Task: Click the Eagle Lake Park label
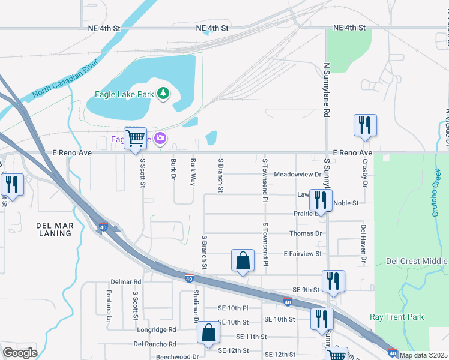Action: click(124, 94)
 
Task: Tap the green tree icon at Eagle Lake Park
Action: click(163, 94)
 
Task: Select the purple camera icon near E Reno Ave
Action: click(160, 139)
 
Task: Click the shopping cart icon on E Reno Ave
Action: click(136, 139)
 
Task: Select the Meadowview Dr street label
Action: click(298, 175)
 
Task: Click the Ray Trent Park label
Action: click(397, 317)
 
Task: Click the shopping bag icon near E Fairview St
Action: click(243, 261)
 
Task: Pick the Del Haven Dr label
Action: click(363, 245)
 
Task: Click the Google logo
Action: click(20, 353)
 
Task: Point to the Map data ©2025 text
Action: click(423, 355)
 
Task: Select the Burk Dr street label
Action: click(173, 167)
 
